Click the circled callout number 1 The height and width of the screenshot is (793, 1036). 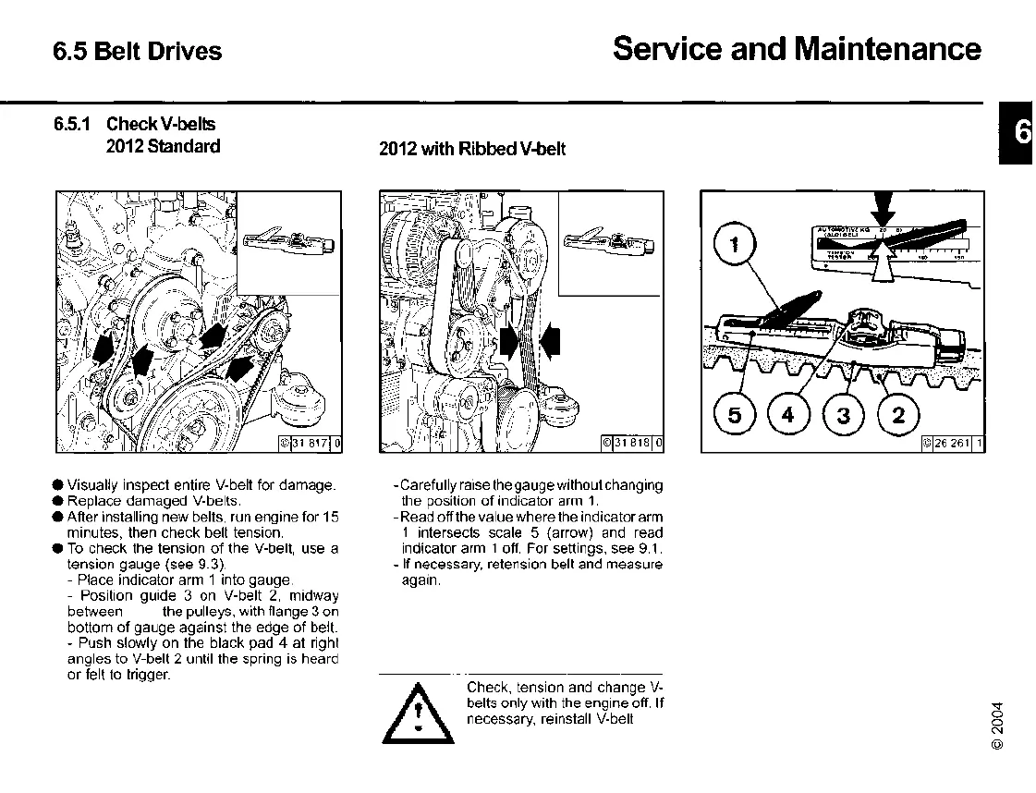pyautogui.click(x=736, y=245)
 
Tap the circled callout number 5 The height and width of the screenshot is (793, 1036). pyautogui.click(x=735, y=415)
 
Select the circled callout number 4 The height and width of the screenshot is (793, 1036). pyautogui.click(x=788, y=415)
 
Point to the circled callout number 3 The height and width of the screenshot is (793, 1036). pyautogui.click(x=843, y=415)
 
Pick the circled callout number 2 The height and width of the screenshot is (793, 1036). pyautogui.click(x=897, y=415)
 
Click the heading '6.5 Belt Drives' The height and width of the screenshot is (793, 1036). pyautogui.click(x=138, y=51)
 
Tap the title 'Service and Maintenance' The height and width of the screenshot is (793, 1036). pyautogui.click(x=797, y=48)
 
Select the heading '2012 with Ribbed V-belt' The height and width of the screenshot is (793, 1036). pyautogui.click(x=472, y=149)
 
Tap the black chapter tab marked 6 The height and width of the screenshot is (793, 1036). pyautogui.click(x=1018, y=134)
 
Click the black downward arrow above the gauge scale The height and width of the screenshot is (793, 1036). pyautogui.click(x=884, y=205)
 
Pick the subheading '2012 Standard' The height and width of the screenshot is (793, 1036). pyautogui.click(x=164, y=146)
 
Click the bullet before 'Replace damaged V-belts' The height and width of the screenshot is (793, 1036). pyautogui.click(x=58, y=500)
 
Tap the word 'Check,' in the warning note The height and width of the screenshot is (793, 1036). pyautogui.click(x=489, y=688)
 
